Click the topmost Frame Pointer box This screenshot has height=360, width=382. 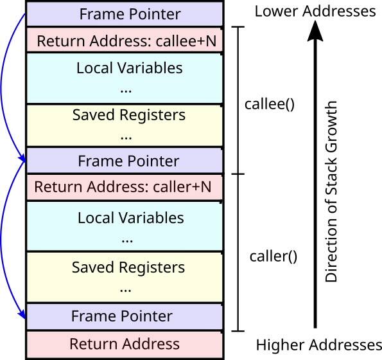click(x=125, y=14)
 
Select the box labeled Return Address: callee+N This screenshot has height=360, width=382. click(x=125, y=41)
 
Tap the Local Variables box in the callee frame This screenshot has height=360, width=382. click(x=125, y=77)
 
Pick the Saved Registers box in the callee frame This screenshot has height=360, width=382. click(x=125, y=125)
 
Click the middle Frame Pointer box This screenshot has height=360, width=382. click(x=125, y=160)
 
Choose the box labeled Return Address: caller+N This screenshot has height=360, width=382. click(x=125, y=187)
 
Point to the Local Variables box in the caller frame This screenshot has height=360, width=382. click(x=125, y=227)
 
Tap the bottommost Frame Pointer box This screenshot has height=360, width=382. click(x=125, y=316)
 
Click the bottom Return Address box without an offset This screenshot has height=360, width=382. click(x=125, y=344)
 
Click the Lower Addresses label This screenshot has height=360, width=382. click(x=315, y=11)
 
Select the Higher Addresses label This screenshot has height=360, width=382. click(x=319, y=344)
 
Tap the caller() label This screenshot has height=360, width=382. click(x=273, y=256)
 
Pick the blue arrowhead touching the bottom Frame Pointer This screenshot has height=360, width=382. click(x=22, y=314)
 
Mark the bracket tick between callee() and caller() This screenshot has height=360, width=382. click(x=238, y=174)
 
